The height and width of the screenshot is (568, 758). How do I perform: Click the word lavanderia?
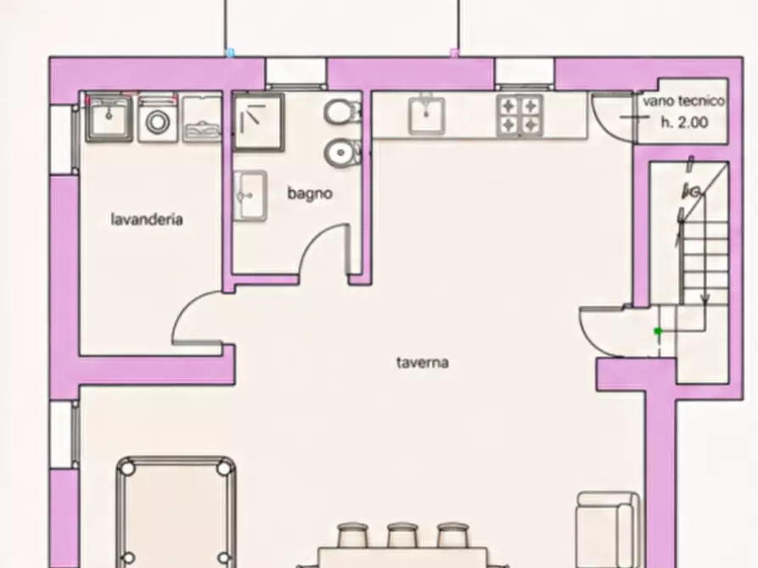point(147,220)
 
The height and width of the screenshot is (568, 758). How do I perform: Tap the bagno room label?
point(310,193)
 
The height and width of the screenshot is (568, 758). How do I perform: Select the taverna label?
point(423,362)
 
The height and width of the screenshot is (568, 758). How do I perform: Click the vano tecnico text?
point(684,101)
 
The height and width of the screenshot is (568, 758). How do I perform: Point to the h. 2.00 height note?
point(684,122)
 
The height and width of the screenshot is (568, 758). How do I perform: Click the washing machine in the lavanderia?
point(157,120)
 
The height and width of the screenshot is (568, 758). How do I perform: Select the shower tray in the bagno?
point(259,123)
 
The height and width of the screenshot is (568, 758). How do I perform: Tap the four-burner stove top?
point(519,116)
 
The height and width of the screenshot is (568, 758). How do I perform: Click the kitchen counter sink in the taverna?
point(426,114)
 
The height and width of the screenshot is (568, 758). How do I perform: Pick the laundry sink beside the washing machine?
point(109,119)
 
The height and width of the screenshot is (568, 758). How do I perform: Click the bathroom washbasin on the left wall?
point(250,196)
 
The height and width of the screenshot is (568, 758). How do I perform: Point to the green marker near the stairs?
point(658,331)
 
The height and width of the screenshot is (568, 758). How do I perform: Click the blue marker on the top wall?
point(231,53)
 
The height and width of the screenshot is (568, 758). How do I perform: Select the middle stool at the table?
point(402,535)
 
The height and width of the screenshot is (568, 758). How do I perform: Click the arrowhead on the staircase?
point(705,299)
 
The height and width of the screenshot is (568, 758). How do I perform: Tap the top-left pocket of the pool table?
point(126,468)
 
